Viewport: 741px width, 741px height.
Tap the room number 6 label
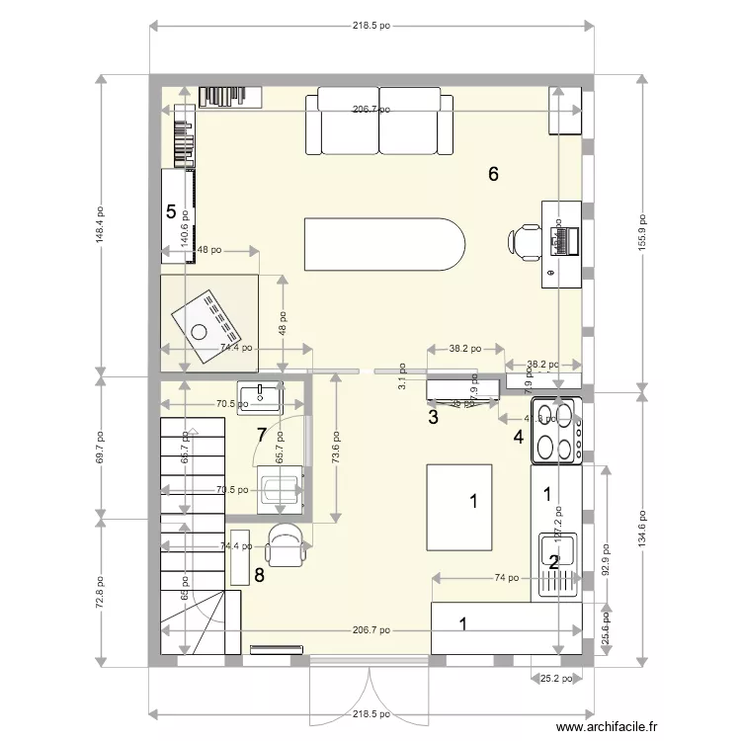pyautogui.click(x=493, y=175)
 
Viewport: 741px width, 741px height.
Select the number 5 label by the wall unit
pyautogui.click(x=171, y=211)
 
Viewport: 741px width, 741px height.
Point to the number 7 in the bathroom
pyautogui.click(x=261, y=434)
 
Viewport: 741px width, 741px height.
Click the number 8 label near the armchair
pyautogui.click(x=260, y=576)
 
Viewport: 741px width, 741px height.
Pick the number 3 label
pyautogui.click(x=433, y=417)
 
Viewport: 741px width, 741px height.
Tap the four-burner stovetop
pyautogui.click(x=556, y=430)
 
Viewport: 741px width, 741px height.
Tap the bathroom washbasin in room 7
pyautogui.click(x=260, y=395)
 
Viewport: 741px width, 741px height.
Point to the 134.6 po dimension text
pyautogui.click(x=642, y=531)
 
